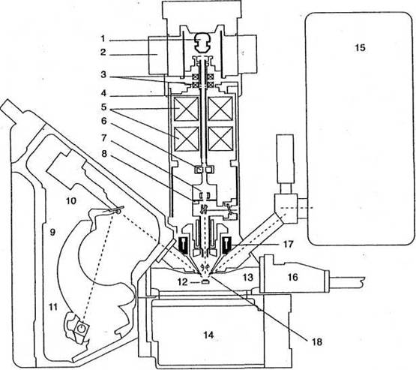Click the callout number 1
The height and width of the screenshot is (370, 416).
pos(103,39)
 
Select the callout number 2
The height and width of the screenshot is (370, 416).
pos(103,53)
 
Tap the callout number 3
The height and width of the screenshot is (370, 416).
pos(103,74)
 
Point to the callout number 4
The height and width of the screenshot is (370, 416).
pos(103,94)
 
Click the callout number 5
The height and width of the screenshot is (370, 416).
pos(103,107)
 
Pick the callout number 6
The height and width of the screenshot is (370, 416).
pos(103,121)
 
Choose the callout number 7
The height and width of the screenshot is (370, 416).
pos(103,137)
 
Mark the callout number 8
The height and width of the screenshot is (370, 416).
pos(104,153)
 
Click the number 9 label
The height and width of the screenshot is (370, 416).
pos(52,233)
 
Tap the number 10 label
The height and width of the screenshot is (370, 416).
pos(71,201)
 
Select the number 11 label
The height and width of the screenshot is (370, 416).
pos(52,307)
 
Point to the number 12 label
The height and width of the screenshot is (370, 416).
pos(183,282)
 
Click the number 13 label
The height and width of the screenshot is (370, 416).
pos(248,278)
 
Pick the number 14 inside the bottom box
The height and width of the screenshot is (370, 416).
pos(209,335)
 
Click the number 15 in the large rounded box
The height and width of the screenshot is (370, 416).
pos(360,48)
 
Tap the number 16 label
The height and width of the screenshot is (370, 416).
pos(292,277)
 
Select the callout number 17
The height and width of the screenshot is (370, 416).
pos(288,244)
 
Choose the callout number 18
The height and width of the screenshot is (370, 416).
pos(317,341)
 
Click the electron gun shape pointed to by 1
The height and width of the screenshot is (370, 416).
pos(202,42)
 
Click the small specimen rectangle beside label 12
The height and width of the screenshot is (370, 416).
pos(205,282)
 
